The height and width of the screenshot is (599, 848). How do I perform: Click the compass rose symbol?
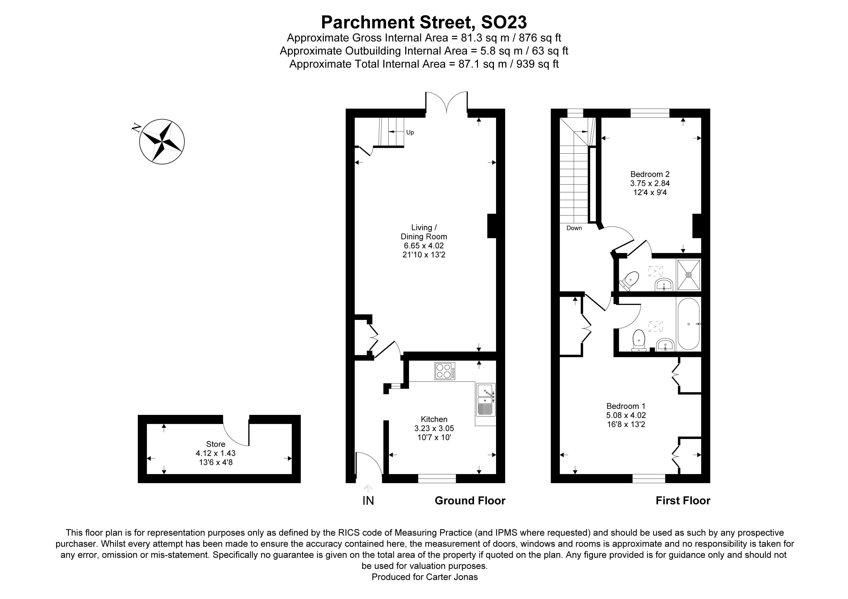[x=162, y=141]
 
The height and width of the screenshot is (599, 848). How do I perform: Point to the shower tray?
[x=688, y=275]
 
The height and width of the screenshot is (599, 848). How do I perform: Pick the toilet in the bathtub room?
[x=639, y=340]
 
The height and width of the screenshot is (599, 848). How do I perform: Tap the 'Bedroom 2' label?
[x=650, y=174]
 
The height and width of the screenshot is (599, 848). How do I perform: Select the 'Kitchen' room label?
[x=434, y=419]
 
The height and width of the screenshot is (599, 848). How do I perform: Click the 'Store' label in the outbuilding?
[x=216, y=444]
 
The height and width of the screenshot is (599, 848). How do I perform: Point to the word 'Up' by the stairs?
[x=410, y=132]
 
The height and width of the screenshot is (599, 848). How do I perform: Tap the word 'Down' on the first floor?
[x=574, y=228]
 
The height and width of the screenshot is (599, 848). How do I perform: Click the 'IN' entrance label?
[x=368, y=501]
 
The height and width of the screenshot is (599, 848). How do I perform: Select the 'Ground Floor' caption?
[x=470, y=501]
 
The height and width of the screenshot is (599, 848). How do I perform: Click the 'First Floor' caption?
[x=683, y=501]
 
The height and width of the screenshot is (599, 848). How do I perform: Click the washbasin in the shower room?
[x=664, y=285]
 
